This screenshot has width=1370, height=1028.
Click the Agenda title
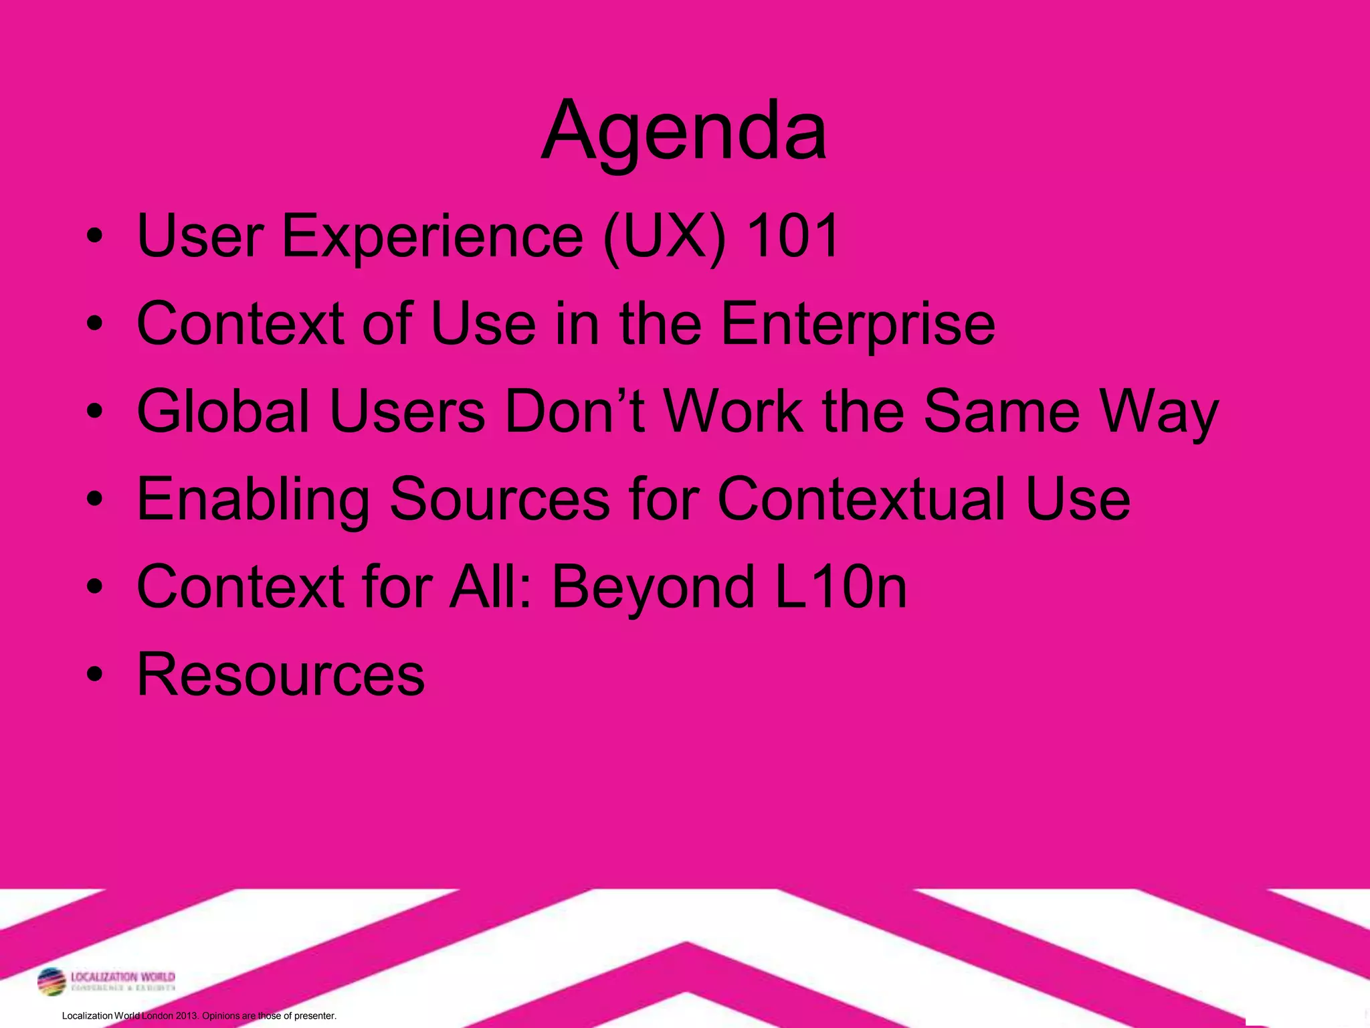(x=684, y=131)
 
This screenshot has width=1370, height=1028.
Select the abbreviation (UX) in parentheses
(x=664, y=237)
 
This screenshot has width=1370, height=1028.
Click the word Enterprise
(x=858, y=325)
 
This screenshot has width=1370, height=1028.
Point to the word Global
(x=223, y=411)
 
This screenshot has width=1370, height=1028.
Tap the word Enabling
(x=253, y=501)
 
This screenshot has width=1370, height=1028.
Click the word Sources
(x=499, y=499)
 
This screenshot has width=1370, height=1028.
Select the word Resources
(x=281, y=675)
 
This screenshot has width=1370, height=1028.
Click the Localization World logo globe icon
(x=52, y=982)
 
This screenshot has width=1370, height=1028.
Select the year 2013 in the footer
(x=187, y=1015)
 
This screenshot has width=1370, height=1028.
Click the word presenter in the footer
(x=314, y=1016)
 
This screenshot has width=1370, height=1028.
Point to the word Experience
(x=432, y=237)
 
